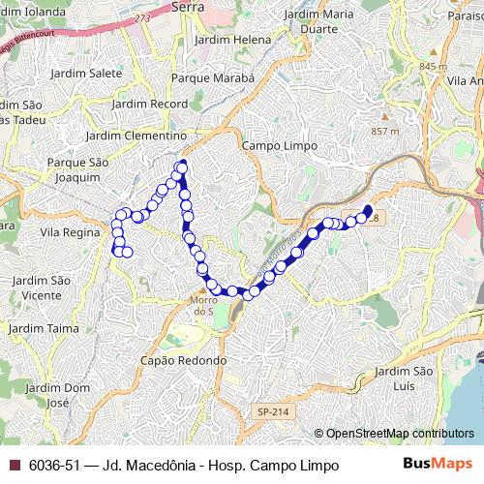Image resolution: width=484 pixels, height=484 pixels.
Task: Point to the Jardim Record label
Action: (150, 103)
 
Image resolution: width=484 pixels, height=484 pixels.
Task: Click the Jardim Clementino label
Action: (136, 136)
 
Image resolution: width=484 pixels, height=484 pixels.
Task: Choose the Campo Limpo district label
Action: (273, 145)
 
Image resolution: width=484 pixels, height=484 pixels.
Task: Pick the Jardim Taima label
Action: (45, 328)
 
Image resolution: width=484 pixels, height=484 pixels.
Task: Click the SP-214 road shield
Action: (273, 412)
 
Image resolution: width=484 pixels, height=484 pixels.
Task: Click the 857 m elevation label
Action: (384, 131)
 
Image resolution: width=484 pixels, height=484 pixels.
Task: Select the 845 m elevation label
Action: (433, 65)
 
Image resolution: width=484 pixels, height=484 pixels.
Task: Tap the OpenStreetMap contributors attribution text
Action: (399, 434)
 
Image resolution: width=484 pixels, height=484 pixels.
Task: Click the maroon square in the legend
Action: (14, 466)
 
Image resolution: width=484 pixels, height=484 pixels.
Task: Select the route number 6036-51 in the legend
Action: (54, 466)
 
